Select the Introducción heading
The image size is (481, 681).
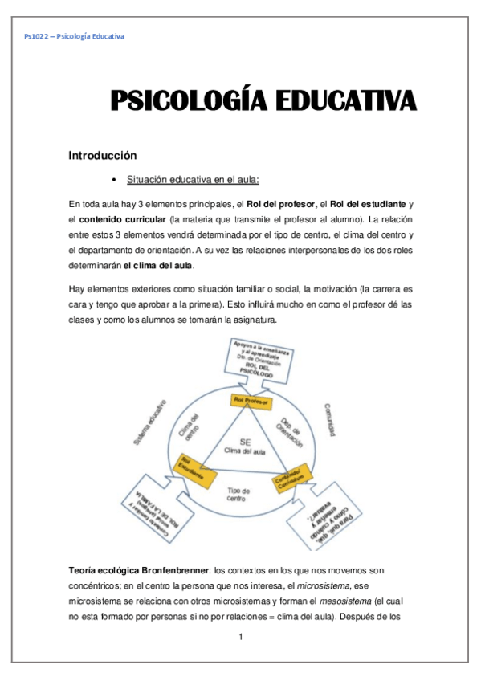(103, 155)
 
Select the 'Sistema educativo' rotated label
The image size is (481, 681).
(149, 421)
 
